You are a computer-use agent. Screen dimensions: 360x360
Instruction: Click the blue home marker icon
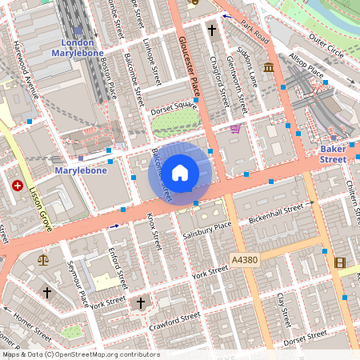pos(180,172)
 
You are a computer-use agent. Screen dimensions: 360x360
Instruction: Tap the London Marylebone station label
pos(72,47)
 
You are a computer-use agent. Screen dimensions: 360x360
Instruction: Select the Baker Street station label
pos(332,154)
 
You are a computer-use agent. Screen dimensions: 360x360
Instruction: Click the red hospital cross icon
pos(18,186)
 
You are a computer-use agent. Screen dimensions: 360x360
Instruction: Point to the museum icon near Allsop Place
pos(267,66)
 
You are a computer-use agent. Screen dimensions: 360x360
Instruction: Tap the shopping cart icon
pos(234,128)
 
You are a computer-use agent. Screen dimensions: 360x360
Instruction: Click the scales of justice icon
pos(42,259)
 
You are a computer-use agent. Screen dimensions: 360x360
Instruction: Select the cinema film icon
pos(340,262)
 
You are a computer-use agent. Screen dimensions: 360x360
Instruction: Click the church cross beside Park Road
pos(212,31)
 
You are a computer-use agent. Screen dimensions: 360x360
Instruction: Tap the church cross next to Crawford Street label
pos(142,303)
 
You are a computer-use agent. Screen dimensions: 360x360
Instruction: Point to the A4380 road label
pos(245,260)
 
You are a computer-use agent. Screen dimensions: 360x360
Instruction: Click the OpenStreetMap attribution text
pos(80,354)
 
